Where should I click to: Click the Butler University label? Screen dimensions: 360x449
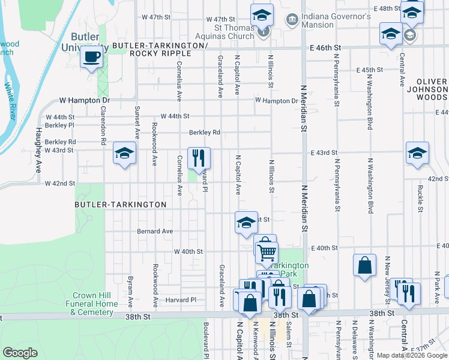(85, 41)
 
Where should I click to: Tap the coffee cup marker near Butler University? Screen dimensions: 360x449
(91, 58)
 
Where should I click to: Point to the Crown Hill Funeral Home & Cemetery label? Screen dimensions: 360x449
(95, 303)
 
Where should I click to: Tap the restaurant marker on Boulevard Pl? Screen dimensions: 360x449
(199, 158)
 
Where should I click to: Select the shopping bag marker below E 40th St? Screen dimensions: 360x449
(364, 265)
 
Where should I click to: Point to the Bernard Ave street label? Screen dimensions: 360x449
(155, 231)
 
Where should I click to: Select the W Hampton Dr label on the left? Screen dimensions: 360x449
(85, 101)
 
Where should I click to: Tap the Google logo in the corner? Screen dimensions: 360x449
(20, 352)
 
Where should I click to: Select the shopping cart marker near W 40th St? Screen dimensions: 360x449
(267, 251)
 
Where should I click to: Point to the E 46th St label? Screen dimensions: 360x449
(325, 47)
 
